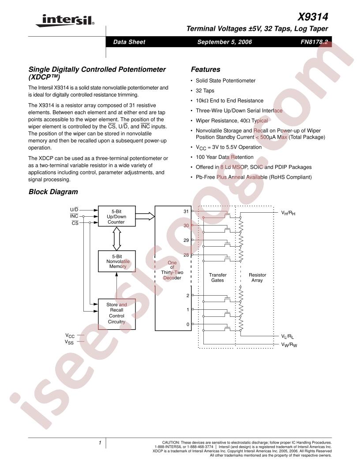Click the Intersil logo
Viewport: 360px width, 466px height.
(65, 20)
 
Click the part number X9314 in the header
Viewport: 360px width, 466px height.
(313, 17)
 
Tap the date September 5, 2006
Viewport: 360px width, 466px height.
(225, 42)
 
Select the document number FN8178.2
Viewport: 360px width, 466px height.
(314, 42)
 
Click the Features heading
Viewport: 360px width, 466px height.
(206, 70)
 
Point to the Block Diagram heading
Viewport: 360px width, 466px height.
(53, 192)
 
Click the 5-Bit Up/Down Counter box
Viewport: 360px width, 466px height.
(117, 216)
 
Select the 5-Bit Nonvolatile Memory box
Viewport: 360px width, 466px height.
(117, 261)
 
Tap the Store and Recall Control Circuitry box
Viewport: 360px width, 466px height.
(117, 314)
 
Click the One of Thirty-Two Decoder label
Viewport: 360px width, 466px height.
(172, 270)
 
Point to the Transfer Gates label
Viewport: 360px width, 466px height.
(218, 278)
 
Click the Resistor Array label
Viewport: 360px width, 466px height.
(257, 278)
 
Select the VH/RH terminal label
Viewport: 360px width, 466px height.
(288, 213)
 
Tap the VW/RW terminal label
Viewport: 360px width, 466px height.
(289, 345)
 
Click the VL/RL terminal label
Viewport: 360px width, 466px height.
(288, 336)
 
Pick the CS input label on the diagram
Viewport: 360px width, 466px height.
(75, 223)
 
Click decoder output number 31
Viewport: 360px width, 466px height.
(186, 211)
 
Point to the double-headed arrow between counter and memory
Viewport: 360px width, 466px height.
(117, 239)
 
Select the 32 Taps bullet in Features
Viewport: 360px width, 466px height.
(205, 90)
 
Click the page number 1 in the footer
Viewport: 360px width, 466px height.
(100, 443)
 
